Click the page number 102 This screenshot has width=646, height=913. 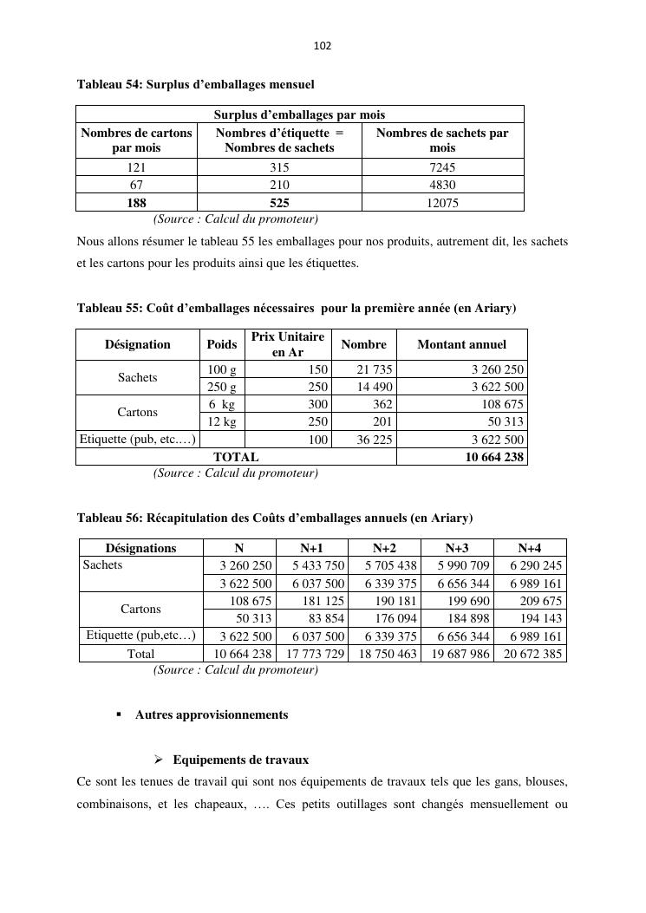coord(323,45)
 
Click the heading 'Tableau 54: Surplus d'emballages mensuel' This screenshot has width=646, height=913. coord(195,85)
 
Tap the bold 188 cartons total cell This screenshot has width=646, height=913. coord(136,203)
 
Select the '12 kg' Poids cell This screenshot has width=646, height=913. coord(222,421)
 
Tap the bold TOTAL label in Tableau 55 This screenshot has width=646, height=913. coord(236,457)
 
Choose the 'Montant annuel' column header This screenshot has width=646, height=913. coord(461,344)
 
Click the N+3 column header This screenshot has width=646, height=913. coord(457,548)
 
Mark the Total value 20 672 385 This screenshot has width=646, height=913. coord(530,654)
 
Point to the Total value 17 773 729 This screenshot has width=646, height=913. coord(313,654)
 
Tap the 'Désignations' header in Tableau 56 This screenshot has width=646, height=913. coord(140,548)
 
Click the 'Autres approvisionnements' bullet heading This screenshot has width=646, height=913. coord(211,715)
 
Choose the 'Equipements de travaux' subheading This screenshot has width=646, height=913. coord(240,760)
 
